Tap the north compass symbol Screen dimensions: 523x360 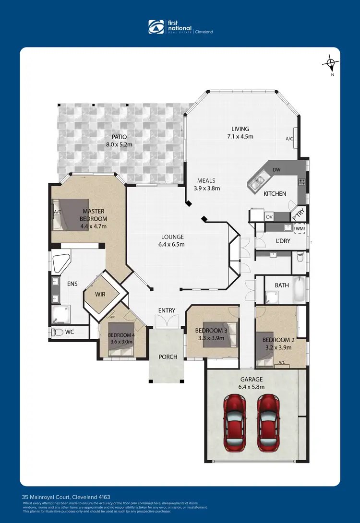coord(330,63)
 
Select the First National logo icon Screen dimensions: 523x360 coord(156,27)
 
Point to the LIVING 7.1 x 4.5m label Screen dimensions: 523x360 coord(240,132)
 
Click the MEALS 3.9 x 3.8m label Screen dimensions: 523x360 coord(206,185)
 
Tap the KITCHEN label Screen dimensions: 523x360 coord(275,194)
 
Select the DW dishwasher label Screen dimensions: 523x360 coord(276,169)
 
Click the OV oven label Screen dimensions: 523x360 coord(269,216)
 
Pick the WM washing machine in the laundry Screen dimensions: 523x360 coord(300,229)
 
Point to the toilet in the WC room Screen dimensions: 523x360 coord(58,332)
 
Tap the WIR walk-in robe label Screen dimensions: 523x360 coord(100,294)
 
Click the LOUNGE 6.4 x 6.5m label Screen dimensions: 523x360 coord(172,240)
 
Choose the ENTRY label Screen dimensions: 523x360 coord(167,310)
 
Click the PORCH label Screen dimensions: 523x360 coord(168,357)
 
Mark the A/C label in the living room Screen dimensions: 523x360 coord(289,139)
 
